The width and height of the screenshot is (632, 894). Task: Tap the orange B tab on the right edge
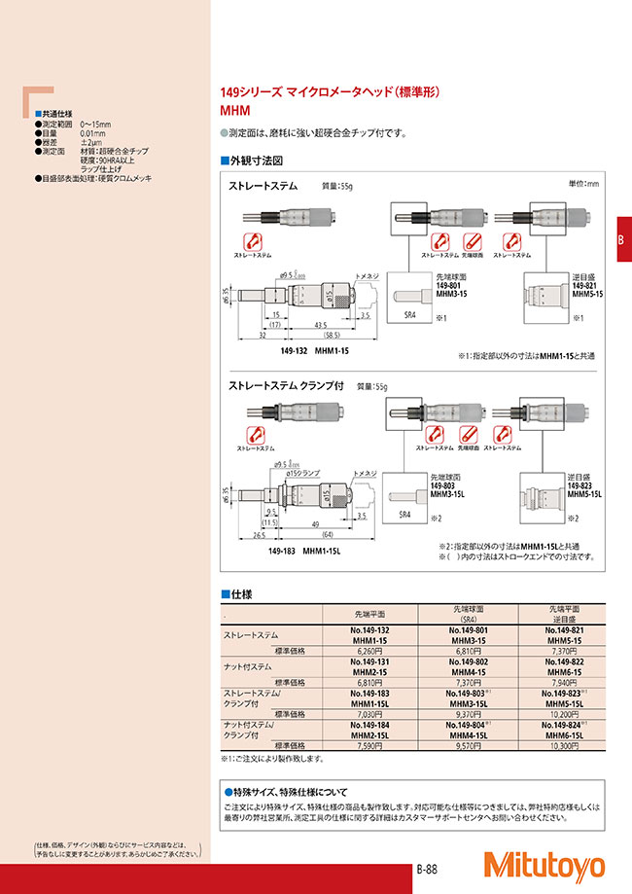tap(621, 242)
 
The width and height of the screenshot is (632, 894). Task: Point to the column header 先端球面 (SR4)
tap(470, 613)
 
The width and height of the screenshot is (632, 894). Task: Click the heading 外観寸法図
tap(256, 159)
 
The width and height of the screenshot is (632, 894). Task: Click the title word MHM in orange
tap(235, 111)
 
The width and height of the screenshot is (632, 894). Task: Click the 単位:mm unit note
tap(583, 184)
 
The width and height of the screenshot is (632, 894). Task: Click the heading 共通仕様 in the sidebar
tap(58, 114)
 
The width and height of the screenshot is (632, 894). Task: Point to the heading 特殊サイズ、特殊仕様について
tap(290, 793)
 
